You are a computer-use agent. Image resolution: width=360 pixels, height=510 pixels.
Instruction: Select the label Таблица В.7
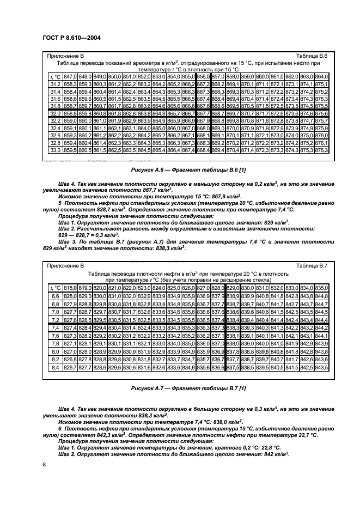coord(311,265)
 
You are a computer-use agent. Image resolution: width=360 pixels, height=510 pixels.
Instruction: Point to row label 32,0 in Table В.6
coord(55,112)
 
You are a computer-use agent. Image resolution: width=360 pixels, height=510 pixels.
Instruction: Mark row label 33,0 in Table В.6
coord(55,149)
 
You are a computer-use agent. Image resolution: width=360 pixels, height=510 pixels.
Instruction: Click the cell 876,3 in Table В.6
coord(321,149)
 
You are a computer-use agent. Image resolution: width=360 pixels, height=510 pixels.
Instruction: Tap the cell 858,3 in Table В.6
coord(70,84)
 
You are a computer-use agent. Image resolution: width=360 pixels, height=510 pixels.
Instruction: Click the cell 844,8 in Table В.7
coord(321,295)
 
